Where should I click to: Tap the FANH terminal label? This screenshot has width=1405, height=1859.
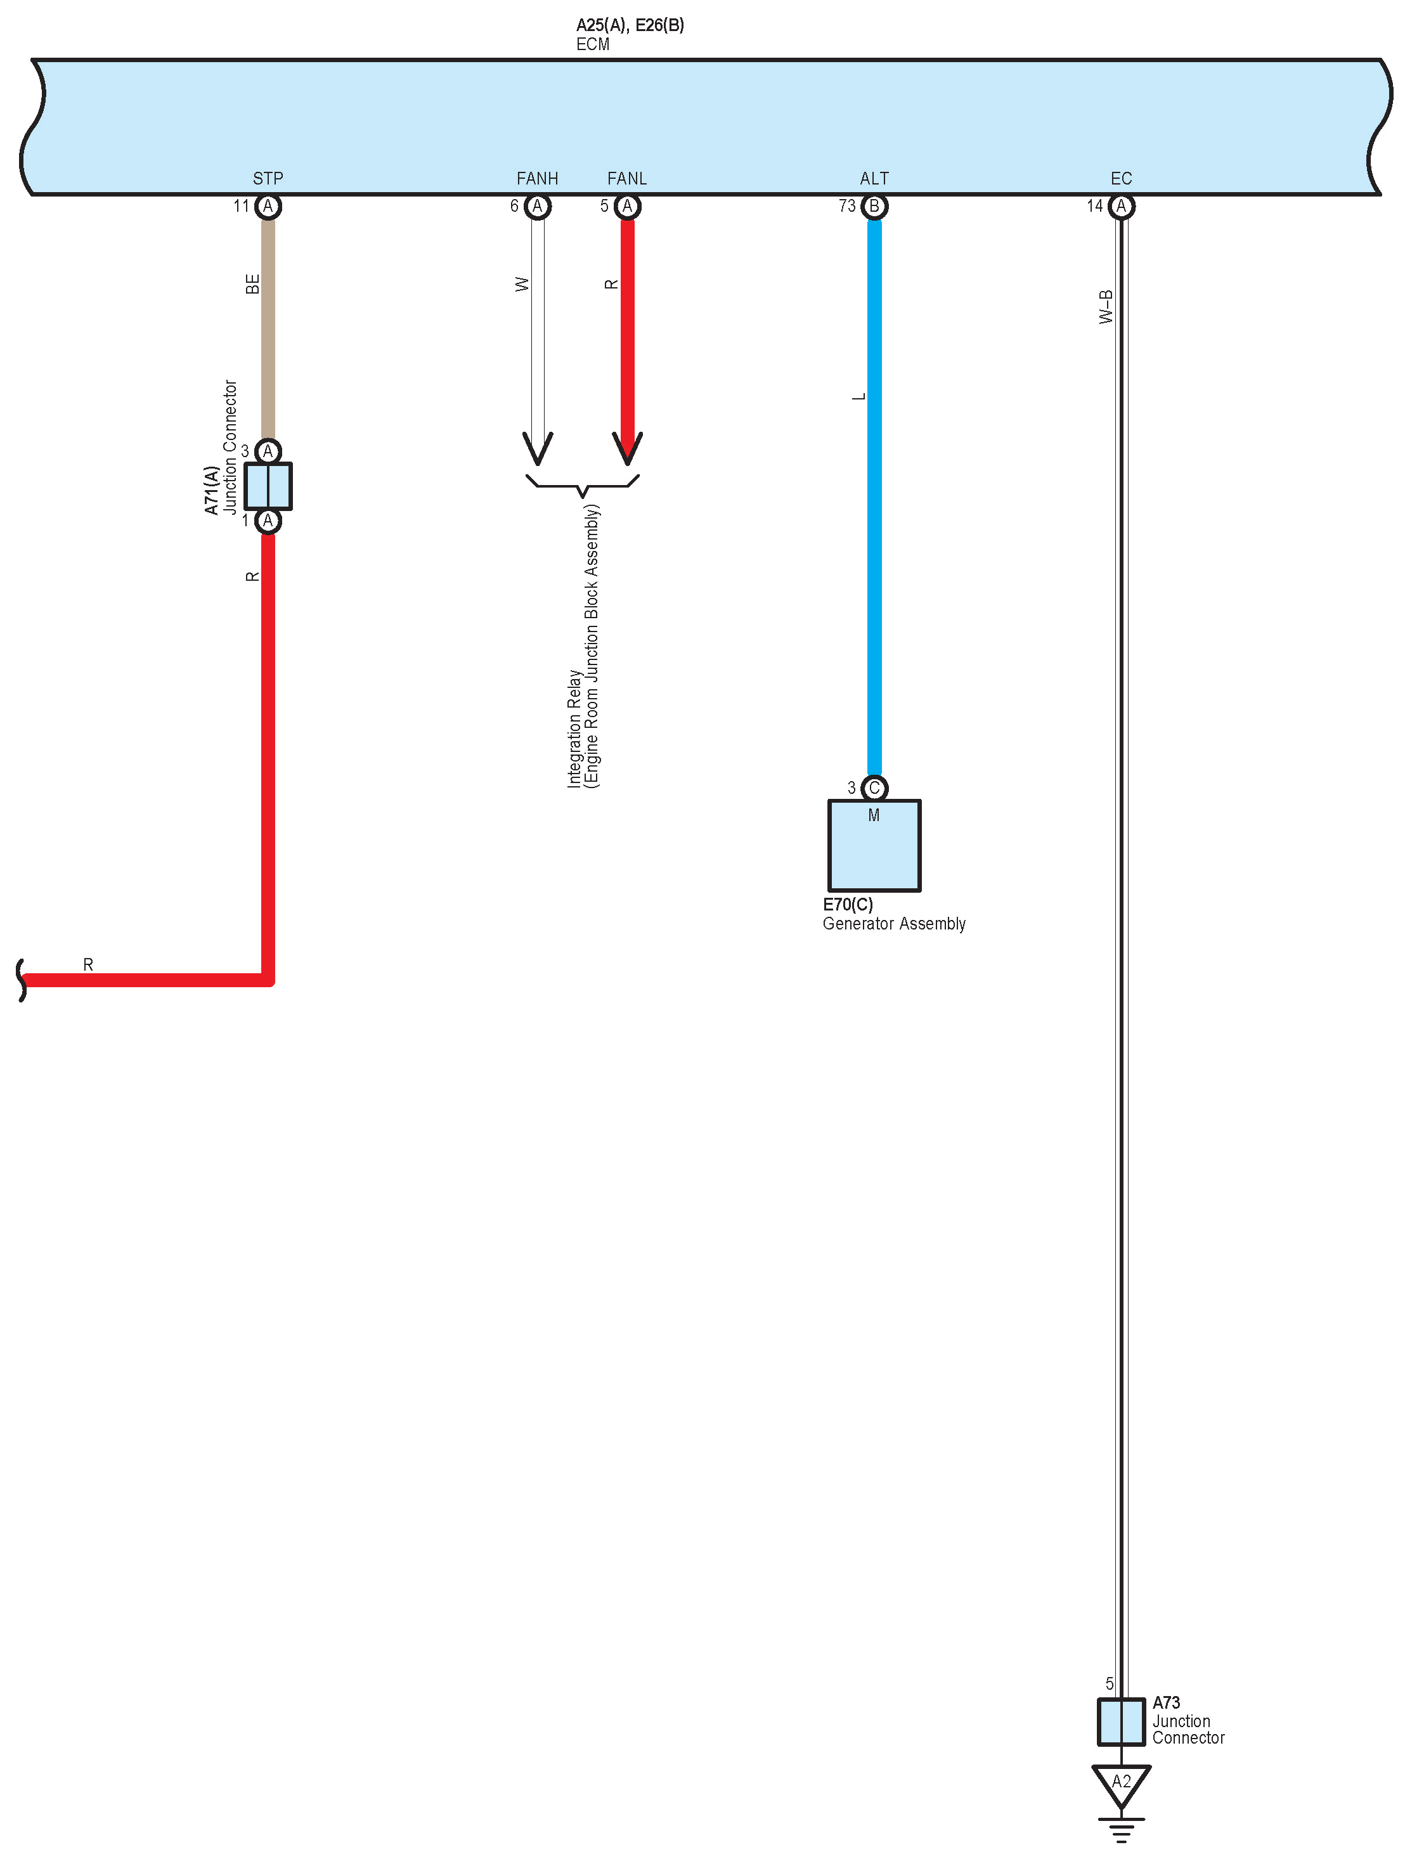537,178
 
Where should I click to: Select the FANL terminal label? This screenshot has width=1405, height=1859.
627,178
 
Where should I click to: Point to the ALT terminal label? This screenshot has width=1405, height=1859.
874,178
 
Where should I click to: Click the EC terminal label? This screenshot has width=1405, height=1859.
1121,178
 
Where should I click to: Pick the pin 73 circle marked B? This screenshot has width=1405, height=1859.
874,206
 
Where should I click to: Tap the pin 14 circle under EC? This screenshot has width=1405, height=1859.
1121,206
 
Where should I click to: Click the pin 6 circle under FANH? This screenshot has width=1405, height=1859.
538,206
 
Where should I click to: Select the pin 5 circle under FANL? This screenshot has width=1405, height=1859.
627,206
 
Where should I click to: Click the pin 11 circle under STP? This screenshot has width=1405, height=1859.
268,206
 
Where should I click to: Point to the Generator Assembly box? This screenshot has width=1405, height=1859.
874,845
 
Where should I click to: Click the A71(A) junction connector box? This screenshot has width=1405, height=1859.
268,486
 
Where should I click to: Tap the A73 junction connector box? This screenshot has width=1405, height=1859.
1121,1722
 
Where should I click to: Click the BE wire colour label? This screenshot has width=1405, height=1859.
252,284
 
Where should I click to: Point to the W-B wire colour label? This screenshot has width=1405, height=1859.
1106,307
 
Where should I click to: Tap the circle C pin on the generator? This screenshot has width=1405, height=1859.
874,787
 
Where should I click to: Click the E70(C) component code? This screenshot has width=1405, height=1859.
847,904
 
